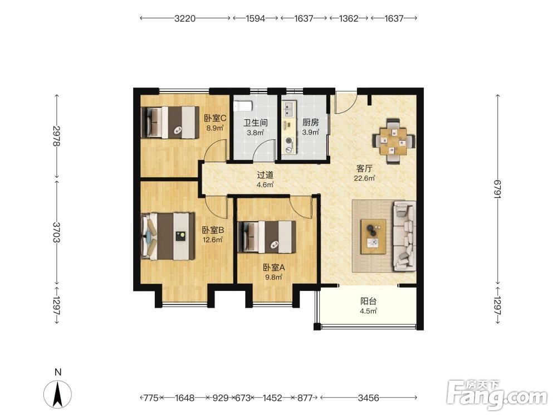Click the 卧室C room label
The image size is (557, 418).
[215, 118]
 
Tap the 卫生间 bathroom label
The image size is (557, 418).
[256, 123]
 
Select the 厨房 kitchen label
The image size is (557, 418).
[310, 123]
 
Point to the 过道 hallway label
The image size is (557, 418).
[265, 175]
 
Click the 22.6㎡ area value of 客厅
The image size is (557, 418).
[364, 178]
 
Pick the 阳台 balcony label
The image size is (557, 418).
[368, 302]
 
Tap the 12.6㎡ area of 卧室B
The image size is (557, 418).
[213, 240]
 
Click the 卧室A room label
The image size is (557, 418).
[274, 268]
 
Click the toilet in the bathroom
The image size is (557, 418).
[243, 105]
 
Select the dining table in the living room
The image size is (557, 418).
[393, 141]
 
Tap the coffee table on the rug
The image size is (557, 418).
[373, 236]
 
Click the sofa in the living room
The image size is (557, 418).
[404, 236]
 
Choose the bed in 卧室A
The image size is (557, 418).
[267, 237]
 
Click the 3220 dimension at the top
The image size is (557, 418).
[185, 18]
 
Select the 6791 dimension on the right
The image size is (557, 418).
[497, 189]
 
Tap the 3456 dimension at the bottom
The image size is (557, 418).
[368, 398]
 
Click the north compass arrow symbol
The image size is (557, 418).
[57, 394]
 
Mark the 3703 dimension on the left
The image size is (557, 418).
[57, 232]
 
